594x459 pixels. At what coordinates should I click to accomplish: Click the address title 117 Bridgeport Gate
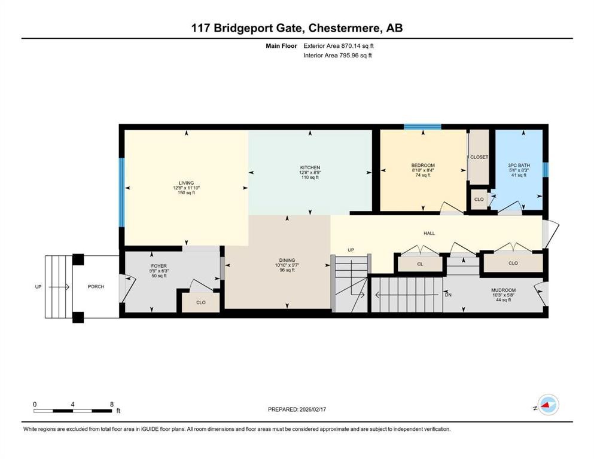(x=297, y=28)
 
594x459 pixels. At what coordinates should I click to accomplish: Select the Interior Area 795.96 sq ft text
(x=337, y=56)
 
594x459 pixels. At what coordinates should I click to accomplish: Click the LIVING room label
(x=186, y=183)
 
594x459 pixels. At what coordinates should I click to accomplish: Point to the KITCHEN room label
(x=310, y=167)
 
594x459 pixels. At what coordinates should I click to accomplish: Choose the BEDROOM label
(x=422, y=166)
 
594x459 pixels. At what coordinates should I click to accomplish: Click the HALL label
(x=428, y=233)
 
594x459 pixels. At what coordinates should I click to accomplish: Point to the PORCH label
(x=96, y=287)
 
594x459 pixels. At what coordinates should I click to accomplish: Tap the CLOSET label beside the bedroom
(x=479, y=157)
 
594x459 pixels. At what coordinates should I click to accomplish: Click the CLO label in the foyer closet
(x=201, y=302)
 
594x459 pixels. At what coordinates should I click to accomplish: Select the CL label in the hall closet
(x=420, y=263)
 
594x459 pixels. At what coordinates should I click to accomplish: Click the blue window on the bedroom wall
(x=422, y=127)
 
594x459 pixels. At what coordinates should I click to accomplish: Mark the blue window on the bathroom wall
(x=545, y=170)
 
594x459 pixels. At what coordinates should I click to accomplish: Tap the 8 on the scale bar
(x=112, y=404)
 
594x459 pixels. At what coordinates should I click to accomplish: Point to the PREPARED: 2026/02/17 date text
(x=297, y=409)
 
